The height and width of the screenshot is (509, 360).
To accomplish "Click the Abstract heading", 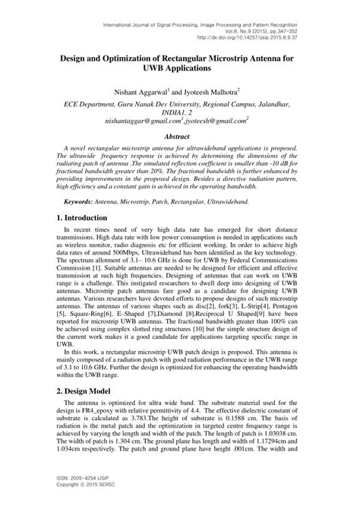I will tap(180, 137).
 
